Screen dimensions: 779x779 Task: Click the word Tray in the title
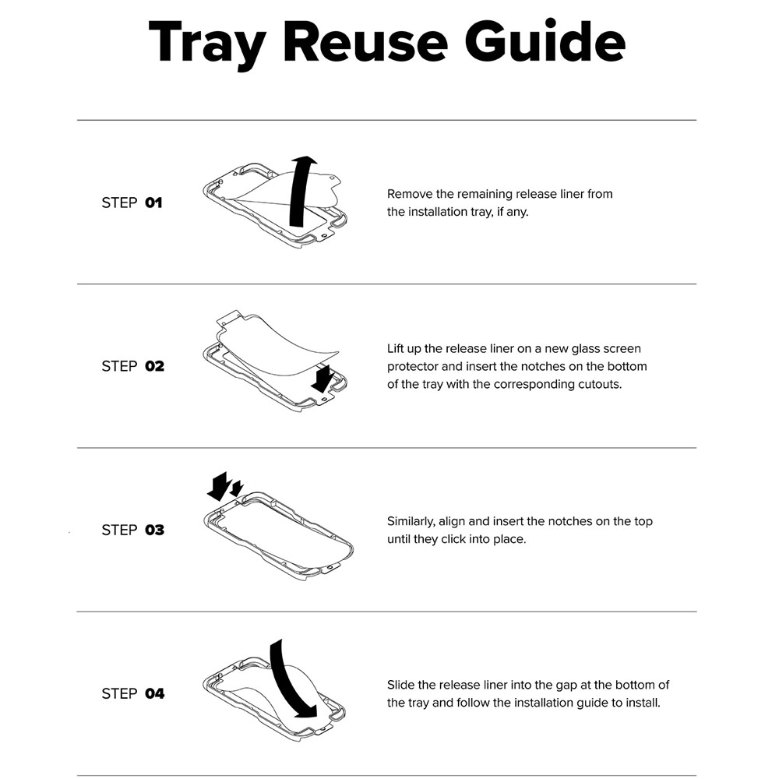click(207, 44)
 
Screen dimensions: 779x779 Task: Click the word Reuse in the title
click(365, 43)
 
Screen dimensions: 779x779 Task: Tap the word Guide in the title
click(545, 41)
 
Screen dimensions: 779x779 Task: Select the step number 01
click(153, 203)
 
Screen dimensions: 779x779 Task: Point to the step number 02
click(154, 366)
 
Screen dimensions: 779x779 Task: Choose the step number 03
click(154, 530)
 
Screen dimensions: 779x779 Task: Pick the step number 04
click(154, 693)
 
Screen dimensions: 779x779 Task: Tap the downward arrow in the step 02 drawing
click(322, 379)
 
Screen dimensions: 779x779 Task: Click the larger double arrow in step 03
click(219, 486)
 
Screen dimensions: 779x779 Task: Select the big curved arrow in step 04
click(289, 681)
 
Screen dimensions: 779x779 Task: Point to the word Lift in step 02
click(395, 348)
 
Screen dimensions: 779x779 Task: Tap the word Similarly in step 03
click(411, 522)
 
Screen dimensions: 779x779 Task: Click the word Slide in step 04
click(400, 685)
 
